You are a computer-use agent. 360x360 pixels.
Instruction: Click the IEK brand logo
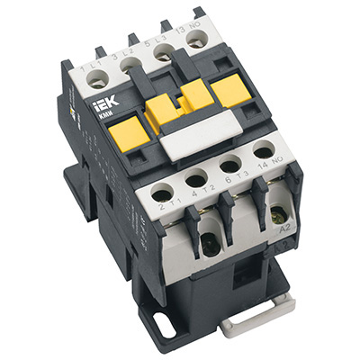coord(102,112)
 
